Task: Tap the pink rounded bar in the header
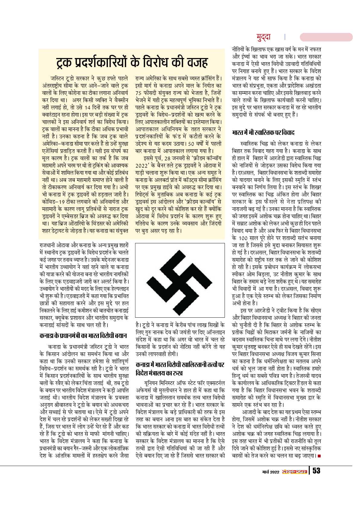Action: (x=326, y=37)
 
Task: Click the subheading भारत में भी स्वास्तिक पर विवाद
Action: (x=263, y=132)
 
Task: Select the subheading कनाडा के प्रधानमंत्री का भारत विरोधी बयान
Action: (x=83, y=336)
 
